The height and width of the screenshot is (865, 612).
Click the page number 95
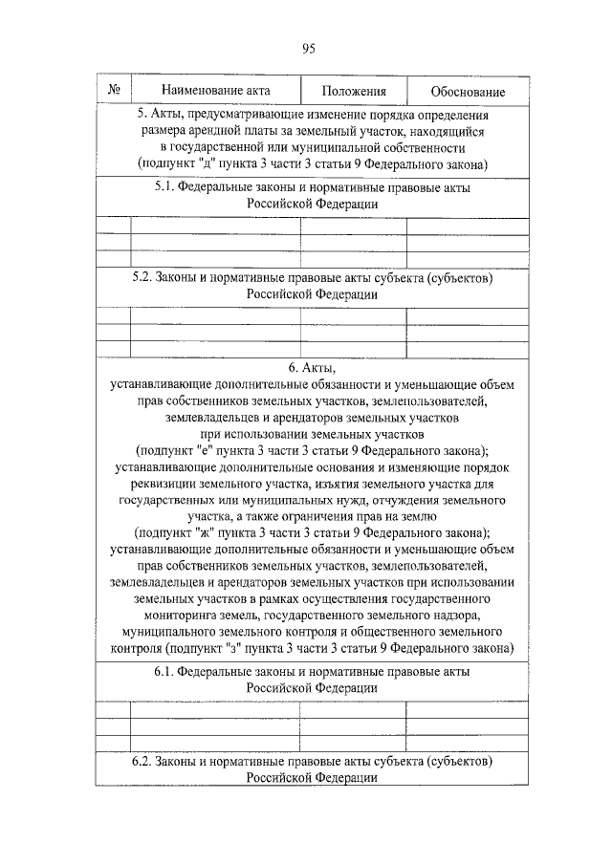[308, 50]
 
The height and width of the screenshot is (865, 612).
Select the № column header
[114, 92]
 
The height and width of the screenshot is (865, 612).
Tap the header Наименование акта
[215, 92]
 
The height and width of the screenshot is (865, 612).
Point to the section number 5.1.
[165, 188]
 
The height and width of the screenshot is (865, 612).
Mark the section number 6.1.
[165, 671]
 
